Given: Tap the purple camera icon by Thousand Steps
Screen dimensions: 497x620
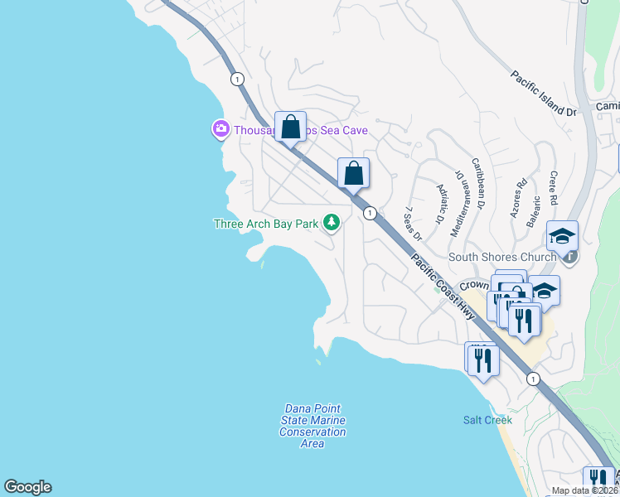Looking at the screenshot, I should pyautogui.click(x=220, y=129).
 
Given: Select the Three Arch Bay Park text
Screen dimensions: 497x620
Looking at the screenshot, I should pyautogui.click(x=266, y=224).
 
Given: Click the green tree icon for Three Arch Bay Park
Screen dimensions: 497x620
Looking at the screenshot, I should pyautogui.click(x=332, y=222).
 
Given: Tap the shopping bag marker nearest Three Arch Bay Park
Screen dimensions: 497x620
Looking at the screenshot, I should pyautogui.click(x=353, y=173).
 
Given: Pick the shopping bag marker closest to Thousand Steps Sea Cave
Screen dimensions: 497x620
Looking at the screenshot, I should pyautogui.click(x=290, y=128).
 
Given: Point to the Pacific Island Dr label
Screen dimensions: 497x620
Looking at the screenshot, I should pyautogui.click(x=543, y=93).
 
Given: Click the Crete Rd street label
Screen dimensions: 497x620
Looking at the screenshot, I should pyautogui.click(x=553, y=189).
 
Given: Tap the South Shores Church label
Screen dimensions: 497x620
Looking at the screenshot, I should pyautogui.click(x=502, y=257).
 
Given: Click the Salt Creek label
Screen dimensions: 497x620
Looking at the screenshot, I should pyautogui.click(x=487, y=420).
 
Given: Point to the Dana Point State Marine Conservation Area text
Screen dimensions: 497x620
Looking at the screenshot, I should pyautogui.click(x=312, y=426).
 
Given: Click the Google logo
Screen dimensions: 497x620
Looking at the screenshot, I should pyautogui.click(x=27, y=487).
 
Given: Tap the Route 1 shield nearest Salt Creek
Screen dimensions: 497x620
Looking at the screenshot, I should pyautogui.click(x=532, y=379).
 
